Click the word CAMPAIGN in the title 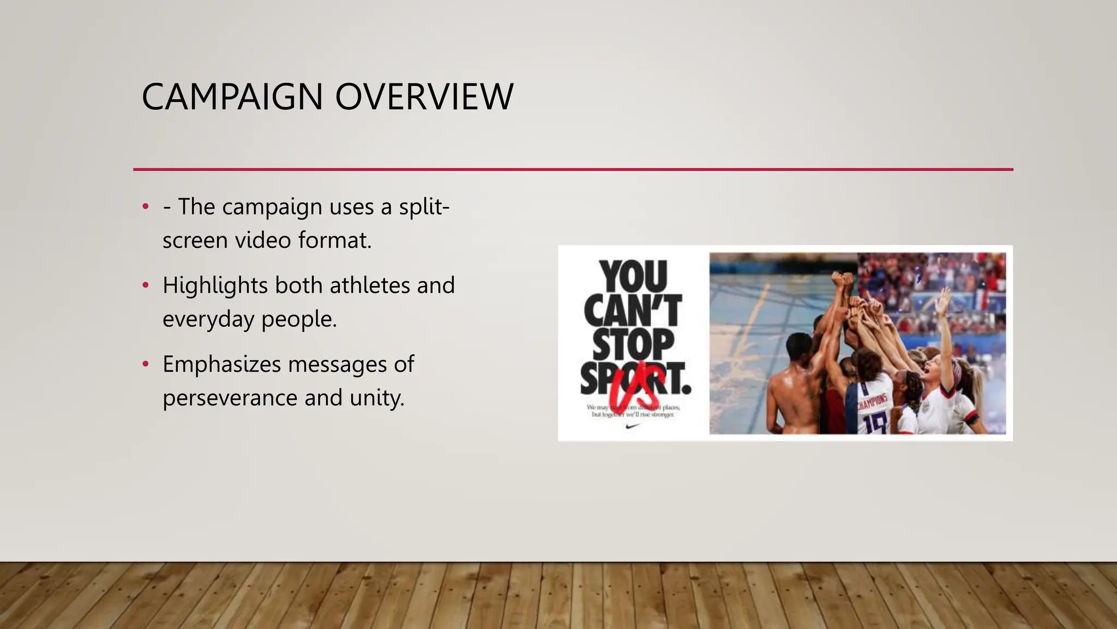tap(232, 97)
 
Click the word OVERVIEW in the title tap(424, 97)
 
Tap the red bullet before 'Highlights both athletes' tap(145, 286)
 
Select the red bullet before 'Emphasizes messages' tap(145, 364)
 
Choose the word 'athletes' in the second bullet tap(370, 286)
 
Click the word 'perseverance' tap(230, 398)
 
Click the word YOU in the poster tap(633, 276)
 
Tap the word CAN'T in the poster tap(633, 310)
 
